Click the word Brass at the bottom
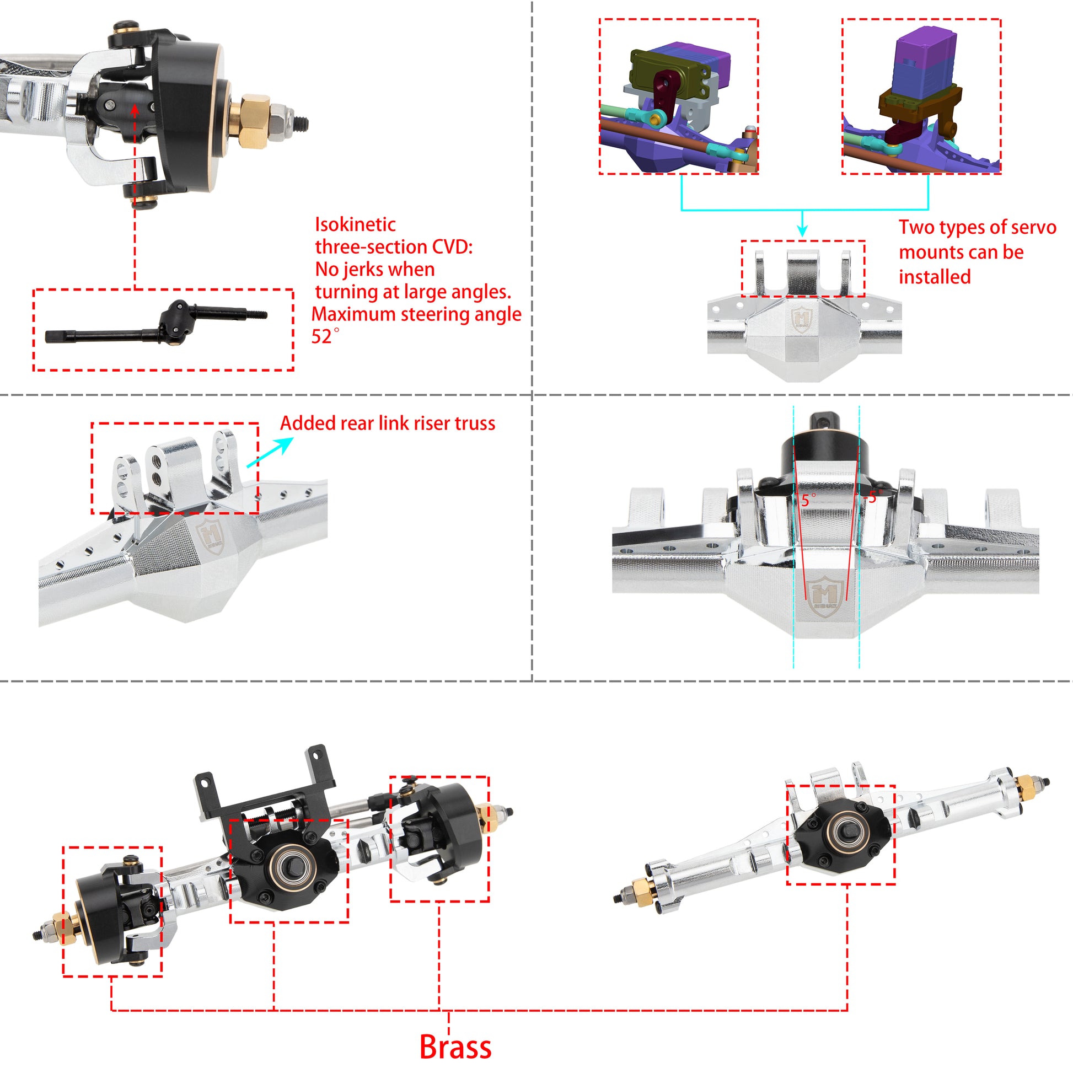pyautogui.click(x=455, y=1048)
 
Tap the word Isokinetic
pyautogui.click(x=355, y=224)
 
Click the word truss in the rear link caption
pyautogui.click(x=475, y=423)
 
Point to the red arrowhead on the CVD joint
pyautogui.click(x=135, y=110)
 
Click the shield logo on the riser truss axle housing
pyautogui.click(x=211, y=535)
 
